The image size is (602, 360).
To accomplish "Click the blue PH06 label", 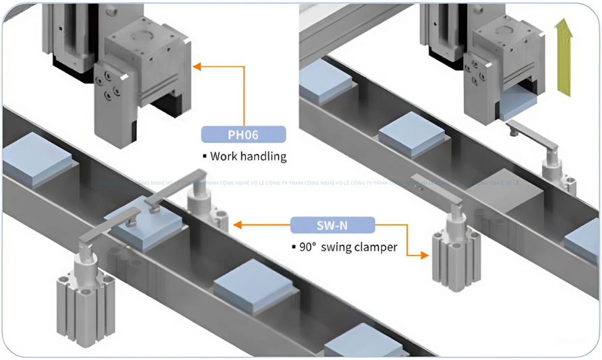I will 243,134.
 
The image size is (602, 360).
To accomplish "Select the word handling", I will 266,156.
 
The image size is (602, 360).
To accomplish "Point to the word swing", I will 341,247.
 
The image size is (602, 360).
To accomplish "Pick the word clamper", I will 380,247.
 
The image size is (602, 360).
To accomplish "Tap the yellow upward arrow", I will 563,57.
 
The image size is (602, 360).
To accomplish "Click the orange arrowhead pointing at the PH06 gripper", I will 198,66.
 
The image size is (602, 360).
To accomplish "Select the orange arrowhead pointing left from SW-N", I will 237,224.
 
